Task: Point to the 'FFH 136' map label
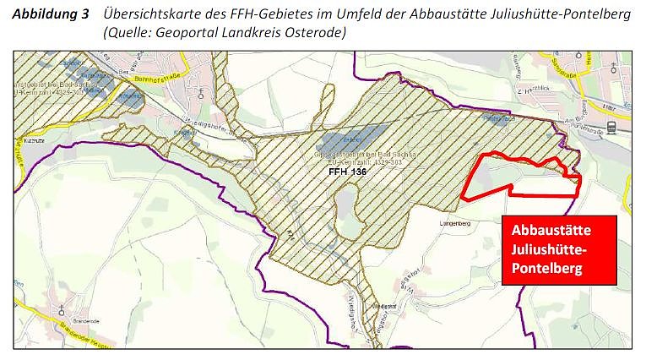coord(348,171)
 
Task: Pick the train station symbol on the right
coord(611,128)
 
